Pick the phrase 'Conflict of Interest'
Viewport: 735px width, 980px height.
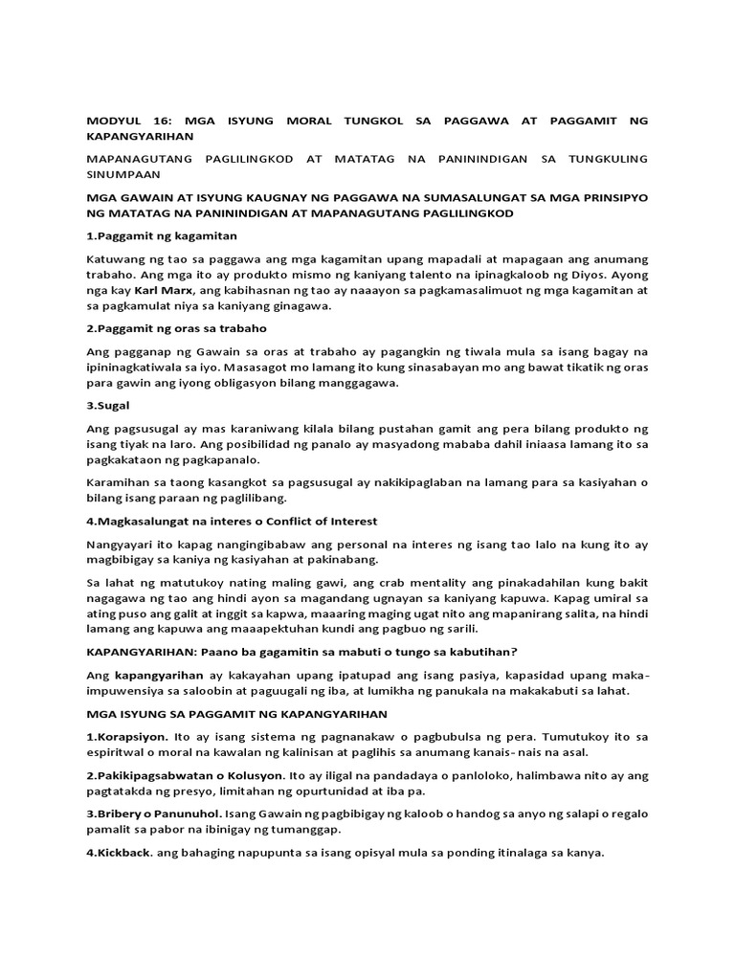[x=326, y=521]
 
